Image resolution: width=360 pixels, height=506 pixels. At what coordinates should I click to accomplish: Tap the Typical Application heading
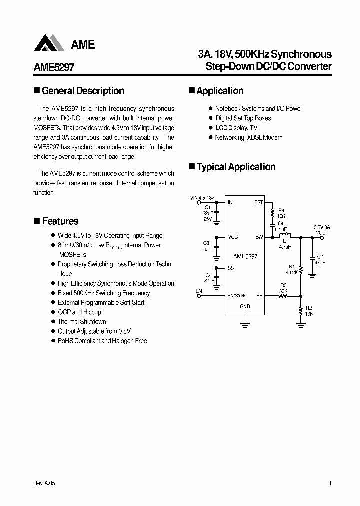click(236, 167)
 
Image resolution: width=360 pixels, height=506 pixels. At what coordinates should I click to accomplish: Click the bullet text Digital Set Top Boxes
click(243, 118)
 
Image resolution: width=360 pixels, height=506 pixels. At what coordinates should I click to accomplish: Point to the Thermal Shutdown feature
click(82, 322)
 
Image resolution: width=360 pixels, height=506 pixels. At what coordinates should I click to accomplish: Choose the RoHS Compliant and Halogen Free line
click(102, 341)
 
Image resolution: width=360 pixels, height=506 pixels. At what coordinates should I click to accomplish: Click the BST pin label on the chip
click(258, 203)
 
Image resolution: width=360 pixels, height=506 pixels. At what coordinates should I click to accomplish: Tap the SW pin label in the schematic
click(259, 237)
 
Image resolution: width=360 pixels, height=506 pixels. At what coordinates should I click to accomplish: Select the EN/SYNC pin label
click(237, 296)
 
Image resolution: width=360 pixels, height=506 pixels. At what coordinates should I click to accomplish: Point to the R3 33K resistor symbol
click(283, 296)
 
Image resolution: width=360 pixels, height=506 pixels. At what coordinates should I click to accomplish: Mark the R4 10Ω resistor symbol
click(273, 213)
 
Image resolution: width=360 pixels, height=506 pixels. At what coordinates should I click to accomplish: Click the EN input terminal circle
click(199, 296)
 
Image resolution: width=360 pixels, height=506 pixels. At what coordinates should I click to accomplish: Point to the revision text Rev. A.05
click(44, 483)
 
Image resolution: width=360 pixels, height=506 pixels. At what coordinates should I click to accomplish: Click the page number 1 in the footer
click(330, 483)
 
